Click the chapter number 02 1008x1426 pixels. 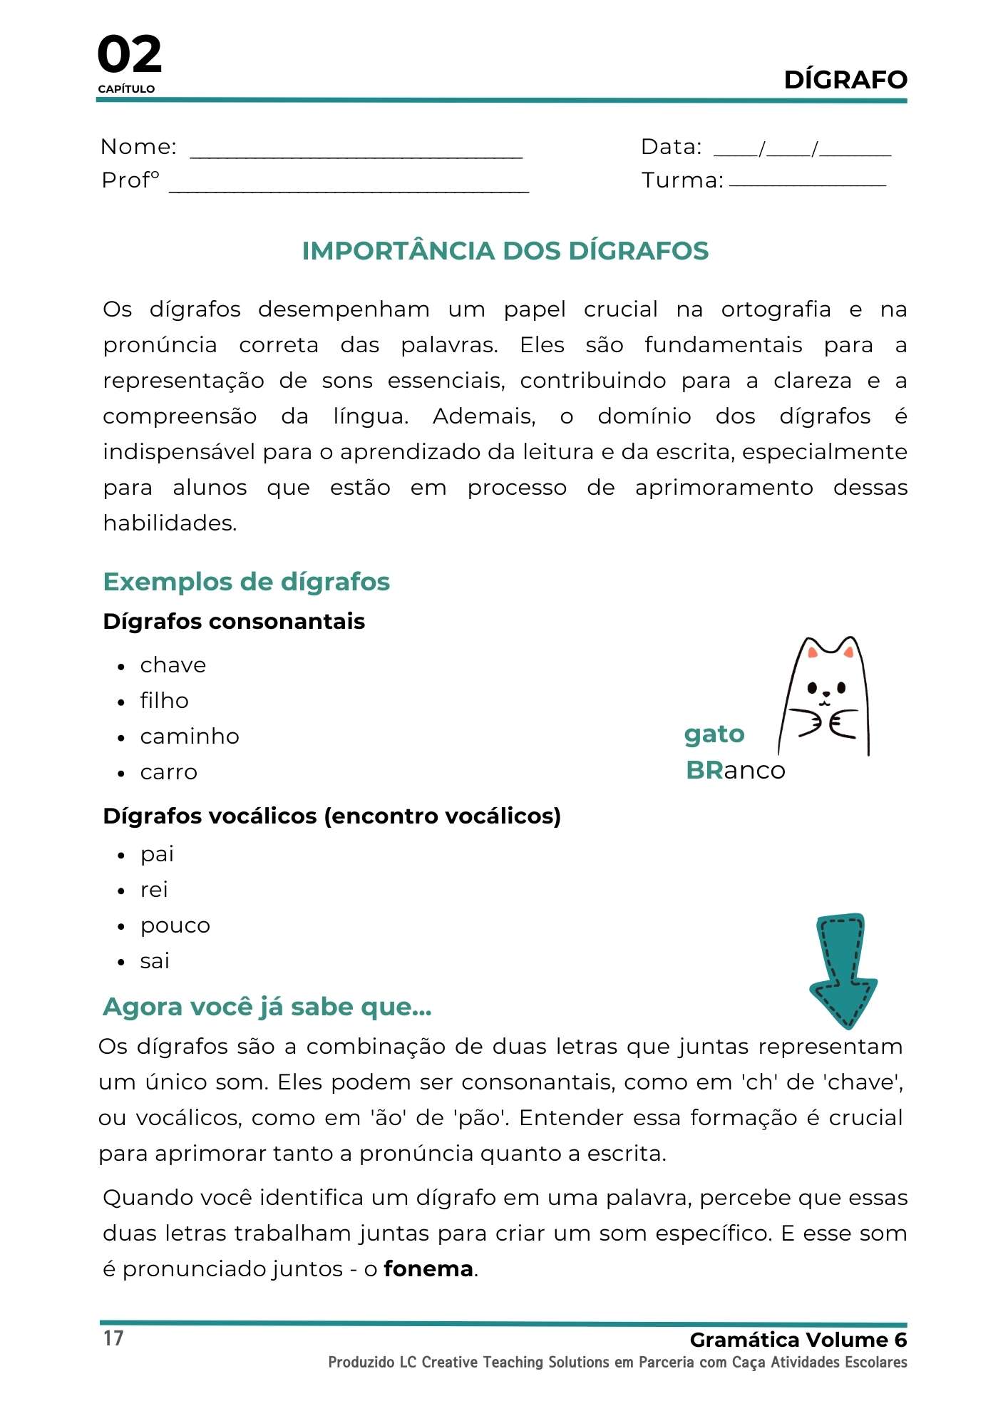pos(129,55)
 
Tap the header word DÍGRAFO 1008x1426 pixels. pos(845,80)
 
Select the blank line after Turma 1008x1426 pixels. pos(807,185)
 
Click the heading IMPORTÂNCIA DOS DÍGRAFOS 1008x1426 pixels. pos(505,251)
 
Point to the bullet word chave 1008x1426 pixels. pos(173,665)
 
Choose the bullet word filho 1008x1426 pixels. pos(164,701)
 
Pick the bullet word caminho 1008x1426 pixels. pos(189,737)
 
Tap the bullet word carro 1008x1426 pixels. pos(168,772)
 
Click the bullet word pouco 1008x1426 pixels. pos(175,925)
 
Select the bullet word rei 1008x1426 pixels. pos(154,890)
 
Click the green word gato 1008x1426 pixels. pos(714,734)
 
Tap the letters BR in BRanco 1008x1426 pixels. pos(704,770)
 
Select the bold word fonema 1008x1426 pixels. pos(428,1269)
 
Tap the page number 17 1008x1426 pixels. pos(113,1338)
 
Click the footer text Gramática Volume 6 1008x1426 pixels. pos(798,1340)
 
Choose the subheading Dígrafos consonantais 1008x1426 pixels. pos(234,622)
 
